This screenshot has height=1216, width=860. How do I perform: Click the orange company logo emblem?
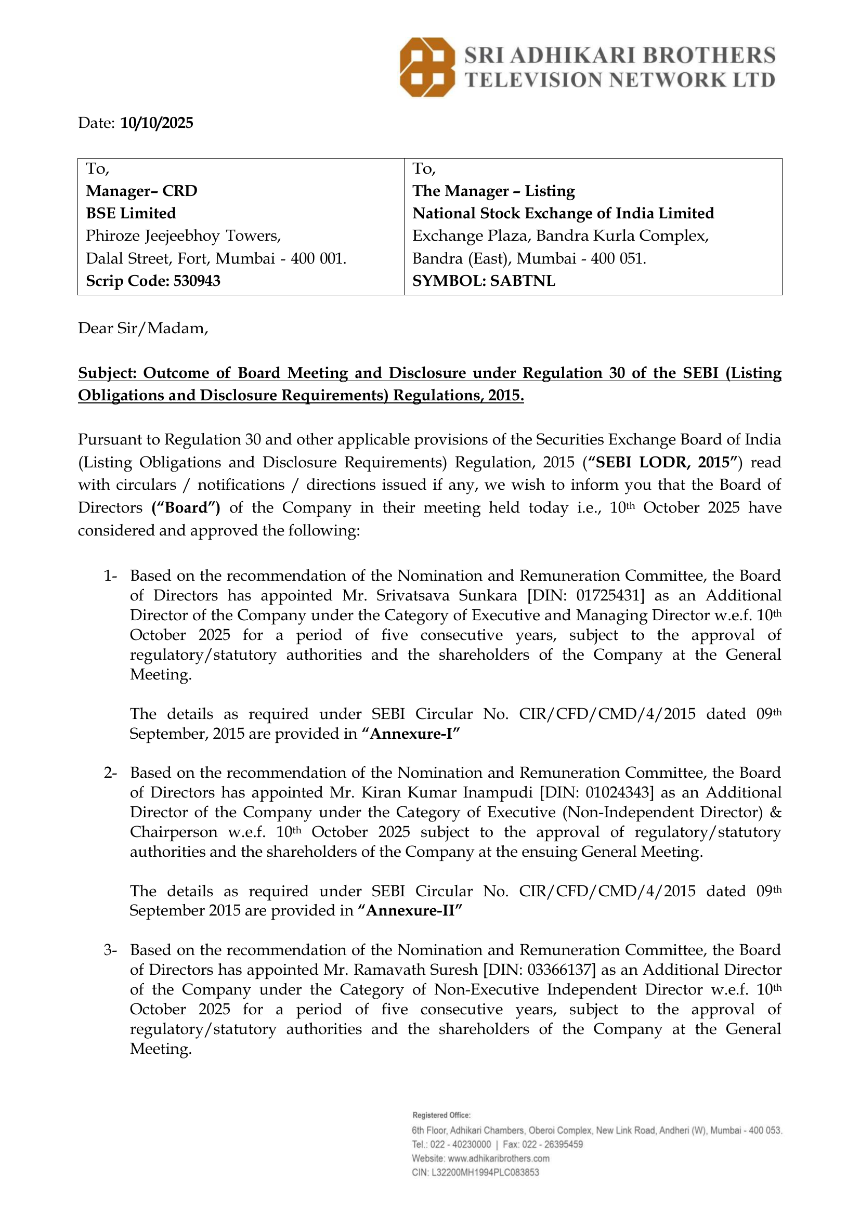pyautogui.click(x=427, y=67)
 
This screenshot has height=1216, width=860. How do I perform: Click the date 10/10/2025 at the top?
pyautogui.click(x=157, y=123)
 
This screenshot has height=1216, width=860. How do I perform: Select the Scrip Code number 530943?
pyautogui.click(x=197, y=281)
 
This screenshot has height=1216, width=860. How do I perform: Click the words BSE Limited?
pyautogui.click(x=131, y=213)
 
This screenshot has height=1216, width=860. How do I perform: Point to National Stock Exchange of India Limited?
pyautogui.click(x=563, y=213)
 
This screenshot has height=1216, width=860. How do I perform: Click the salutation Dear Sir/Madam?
pyautogui.click(x=143, y=329)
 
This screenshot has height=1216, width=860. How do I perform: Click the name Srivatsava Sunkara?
pyautogui.click(x=447, y=595)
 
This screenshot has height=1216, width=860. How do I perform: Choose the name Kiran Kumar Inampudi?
pyautogui.click(x=447, y=792)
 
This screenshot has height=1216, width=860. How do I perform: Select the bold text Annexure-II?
pyautogui.click(x=410, y=910)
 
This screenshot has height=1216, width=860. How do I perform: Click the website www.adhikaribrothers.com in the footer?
pyautogui.click(x=498, y=1158)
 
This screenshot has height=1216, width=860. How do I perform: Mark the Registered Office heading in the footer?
pyautogui.click(x=441, y=1115)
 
